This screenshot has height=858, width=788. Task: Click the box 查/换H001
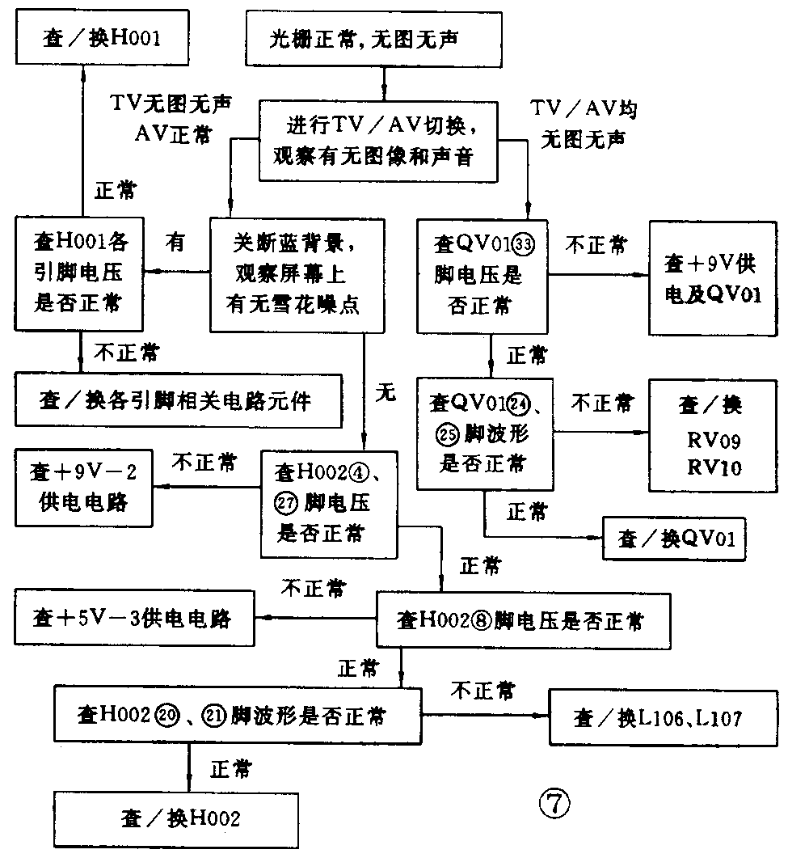[x=101, y=37]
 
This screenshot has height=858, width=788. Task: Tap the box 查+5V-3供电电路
[x=133, y=619]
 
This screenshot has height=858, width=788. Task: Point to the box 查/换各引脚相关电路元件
[x=176, y=400]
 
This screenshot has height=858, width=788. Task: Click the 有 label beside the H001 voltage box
[x=176, y=242]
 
